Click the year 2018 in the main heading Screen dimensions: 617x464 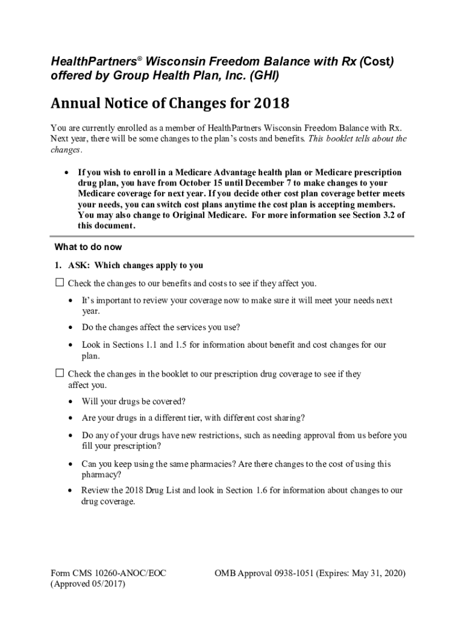[271, 104]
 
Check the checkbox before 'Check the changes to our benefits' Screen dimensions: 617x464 [60, 283]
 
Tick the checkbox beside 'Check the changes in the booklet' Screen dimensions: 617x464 [60, 374]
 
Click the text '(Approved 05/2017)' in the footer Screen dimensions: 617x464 [88, 584]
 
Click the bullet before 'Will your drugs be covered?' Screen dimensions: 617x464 [71, 402]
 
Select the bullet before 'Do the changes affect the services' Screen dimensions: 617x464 [71, 328]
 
